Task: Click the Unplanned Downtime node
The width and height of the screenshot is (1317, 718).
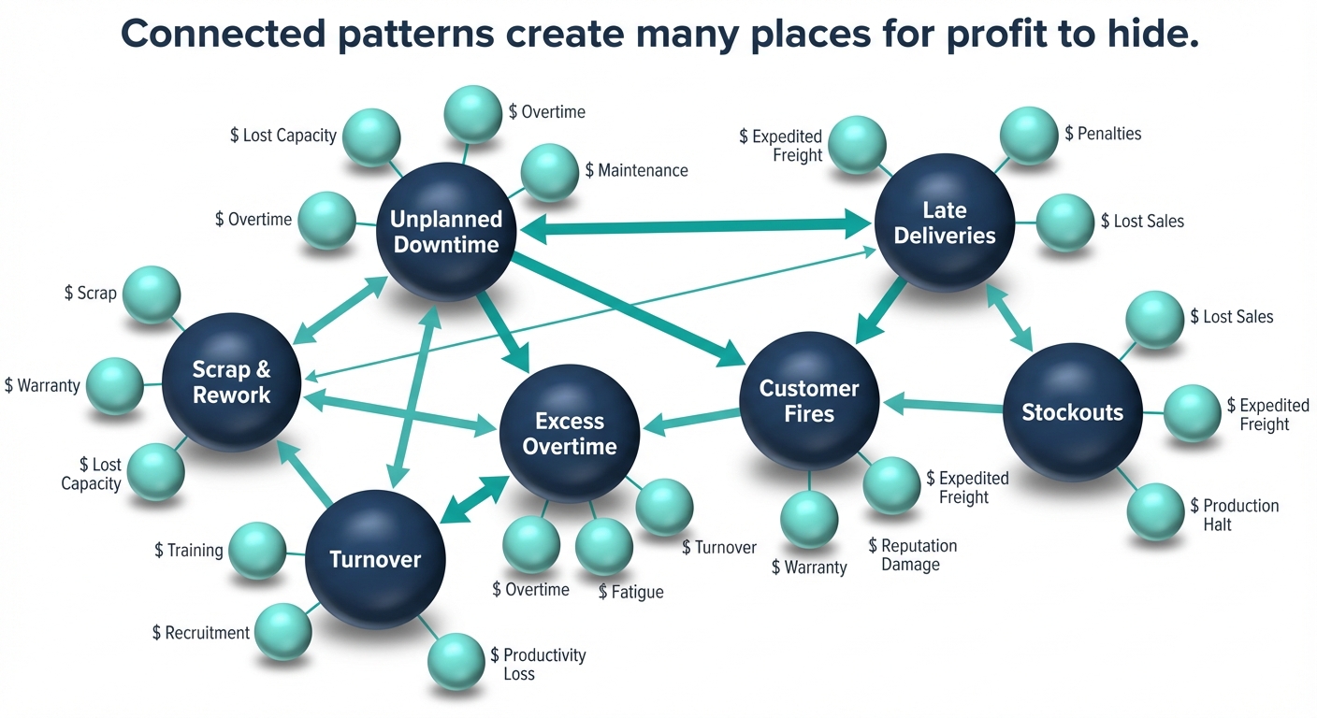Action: [446, 232]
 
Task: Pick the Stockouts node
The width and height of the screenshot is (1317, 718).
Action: [1072, 412]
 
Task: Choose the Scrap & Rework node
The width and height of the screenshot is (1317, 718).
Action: [231, 382]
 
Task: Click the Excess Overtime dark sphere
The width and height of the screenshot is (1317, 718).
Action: [570, 434]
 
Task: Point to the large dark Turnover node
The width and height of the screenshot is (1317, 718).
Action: [375, 559]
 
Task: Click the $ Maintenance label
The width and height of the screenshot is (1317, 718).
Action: [636, 170]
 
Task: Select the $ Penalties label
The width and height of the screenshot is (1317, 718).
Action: [1103, 134]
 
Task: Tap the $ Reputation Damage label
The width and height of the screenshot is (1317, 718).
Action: [912, 554]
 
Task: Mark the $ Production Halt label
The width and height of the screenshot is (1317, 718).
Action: [1234, 514]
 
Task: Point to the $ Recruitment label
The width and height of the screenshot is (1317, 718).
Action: [201, 633]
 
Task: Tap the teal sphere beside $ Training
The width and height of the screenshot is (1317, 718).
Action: [257, 551]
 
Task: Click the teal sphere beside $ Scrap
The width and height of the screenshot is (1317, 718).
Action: [151, 294]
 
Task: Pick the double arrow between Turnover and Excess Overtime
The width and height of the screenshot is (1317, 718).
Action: [474, 498]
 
